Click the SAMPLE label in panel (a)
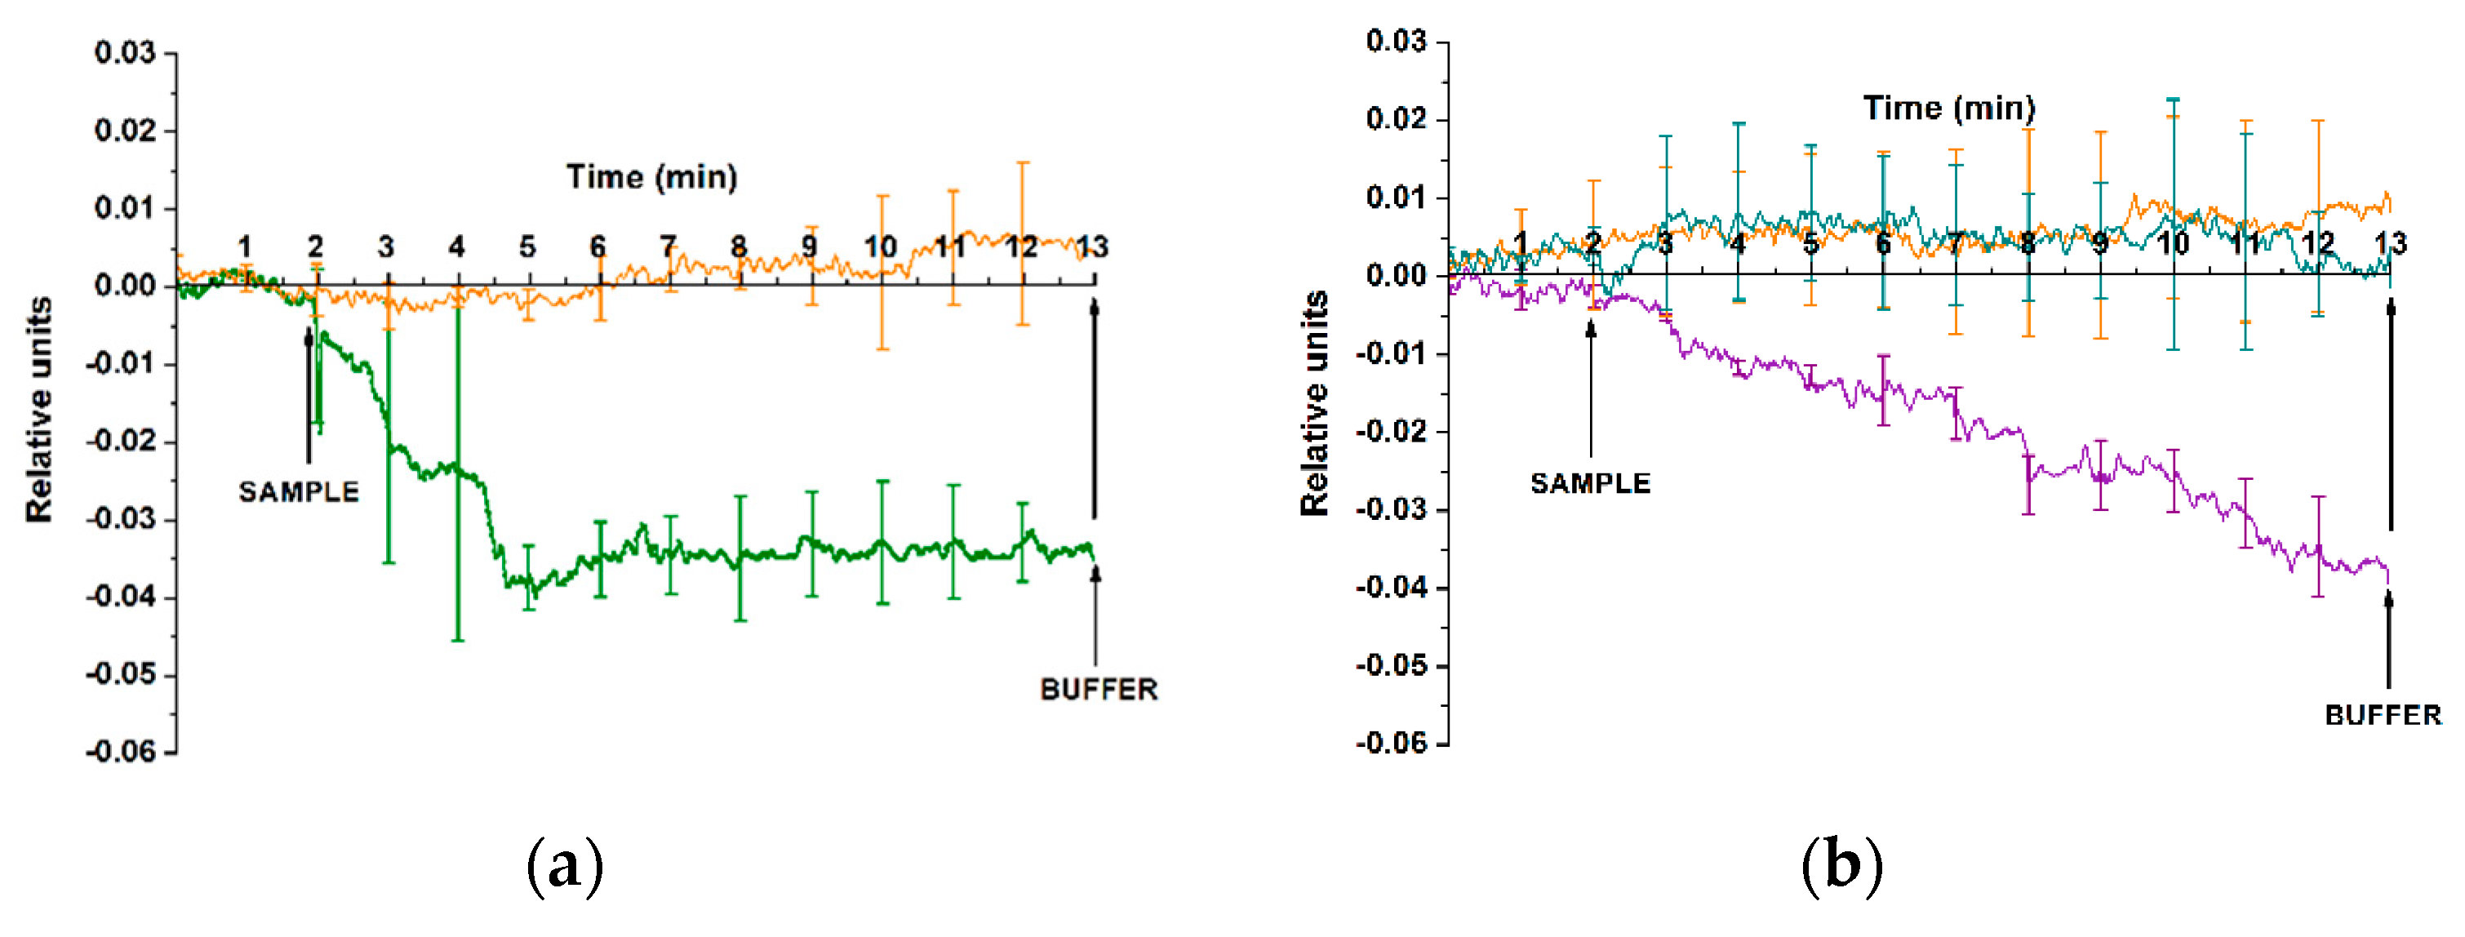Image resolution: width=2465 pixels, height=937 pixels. (x=299, y=492)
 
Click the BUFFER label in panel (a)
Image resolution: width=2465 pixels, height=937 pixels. (x=1099, y=689)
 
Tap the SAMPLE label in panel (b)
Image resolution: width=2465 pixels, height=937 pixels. (x=1589, y=483)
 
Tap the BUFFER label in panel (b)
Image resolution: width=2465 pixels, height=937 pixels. (x=2383, y=715)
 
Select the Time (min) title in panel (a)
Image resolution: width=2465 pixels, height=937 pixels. (x=651, y=177)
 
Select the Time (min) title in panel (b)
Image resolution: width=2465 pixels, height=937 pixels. (x=1948, y=109)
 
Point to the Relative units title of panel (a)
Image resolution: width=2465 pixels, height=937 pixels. (x=39, y=410)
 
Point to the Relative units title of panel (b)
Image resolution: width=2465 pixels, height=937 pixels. (x=1315, y=403)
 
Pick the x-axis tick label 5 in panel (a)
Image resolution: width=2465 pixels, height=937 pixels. (x=527, y=247)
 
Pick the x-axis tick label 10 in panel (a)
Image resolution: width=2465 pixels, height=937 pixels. (x=879, y=247)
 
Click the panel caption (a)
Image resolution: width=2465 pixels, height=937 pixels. (x=565, y=866)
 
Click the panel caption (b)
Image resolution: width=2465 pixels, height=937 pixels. (x=1842, y=866)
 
